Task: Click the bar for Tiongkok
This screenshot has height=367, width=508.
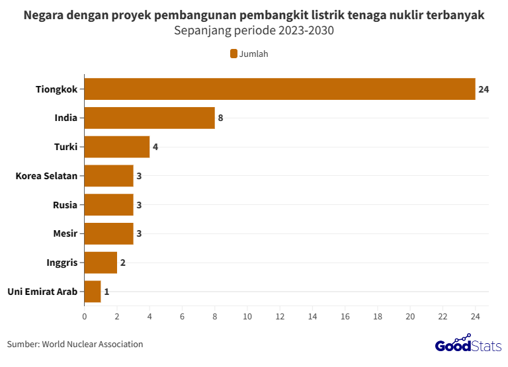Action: (280, 89)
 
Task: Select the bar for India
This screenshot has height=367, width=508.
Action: (149, 118)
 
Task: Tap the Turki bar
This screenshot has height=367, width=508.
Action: (117, 147)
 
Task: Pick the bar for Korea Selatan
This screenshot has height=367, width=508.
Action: (108, 176)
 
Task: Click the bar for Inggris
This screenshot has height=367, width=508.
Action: (101, 263)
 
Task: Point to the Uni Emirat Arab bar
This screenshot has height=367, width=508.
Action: (93, 292)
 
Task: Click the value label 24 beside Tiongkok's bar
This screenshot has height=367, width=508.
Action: (483, 89)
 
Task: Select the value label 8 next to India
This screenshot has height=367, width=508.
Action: (220, 118)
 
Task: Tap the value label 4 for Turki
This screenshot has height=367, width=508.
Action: (155, 147)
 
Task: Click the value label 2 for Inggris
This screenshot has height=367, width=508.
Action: (122, 263)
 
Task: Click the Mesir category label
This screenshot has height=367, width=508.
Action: (65, 233)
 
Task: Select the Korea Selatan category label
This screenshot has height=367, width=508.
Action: (46, 176)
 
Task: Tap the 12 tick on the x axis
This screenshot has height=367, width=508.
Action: (280, 316)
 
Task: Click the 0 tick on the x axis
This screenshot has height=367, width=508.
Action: (85, 316)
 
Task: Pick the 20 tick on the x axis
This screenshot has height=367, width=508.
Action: (410, 316)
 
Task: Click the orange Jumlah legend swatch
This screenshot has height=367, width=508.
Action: (233, 54)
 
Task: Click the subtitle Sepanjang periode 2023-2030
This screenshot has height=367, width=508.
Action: (253, 30)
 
